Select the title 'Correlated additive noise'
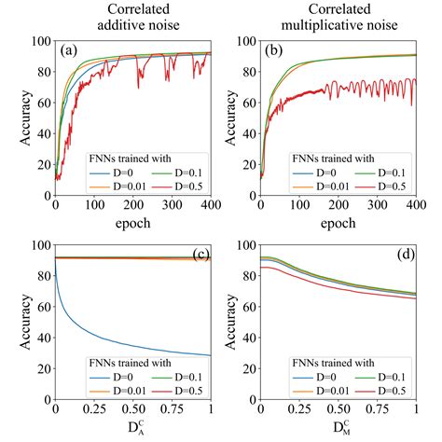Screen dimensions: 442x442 132,17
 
